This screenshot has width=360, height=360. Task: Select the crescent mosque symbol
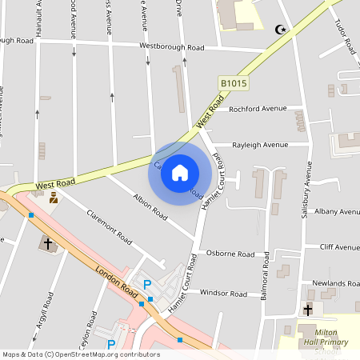click(279, 30)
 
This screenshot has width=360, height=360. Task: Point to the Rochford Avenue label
click(258, 109)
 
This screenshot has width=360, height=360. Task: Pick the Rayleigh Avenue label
click(260, 145)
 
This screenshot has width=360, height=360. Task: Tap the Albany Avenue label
click(337, 212)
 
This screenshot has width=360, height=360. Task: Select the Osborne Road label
click(230, 254)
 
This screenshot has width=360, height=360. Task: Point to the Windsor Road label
click(223, 294)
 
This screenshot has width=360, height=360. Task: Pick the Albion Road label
click(150, 206)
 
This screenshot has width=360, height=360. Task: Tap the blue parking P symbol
click(147, 286)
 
